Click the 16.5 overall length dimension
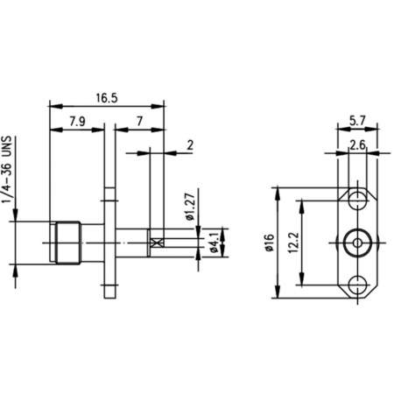click(x=107, y=99)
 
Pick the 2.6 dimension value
click(x=357, y=144)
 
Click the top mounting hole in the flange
click(x=356, y=199)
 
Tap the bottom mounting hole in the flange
click(x=356, y=285)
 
